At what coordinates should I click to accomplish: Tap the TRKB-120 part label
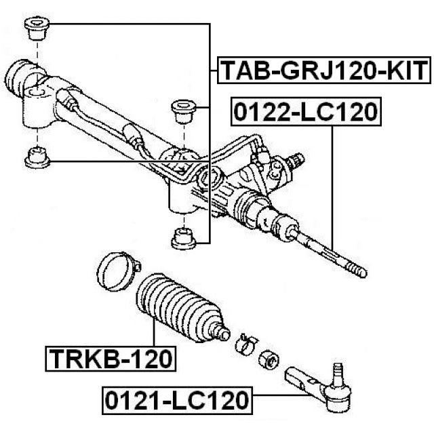point(109,357)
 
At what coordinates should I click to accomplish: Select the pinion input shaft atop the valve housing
point(295,161)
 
